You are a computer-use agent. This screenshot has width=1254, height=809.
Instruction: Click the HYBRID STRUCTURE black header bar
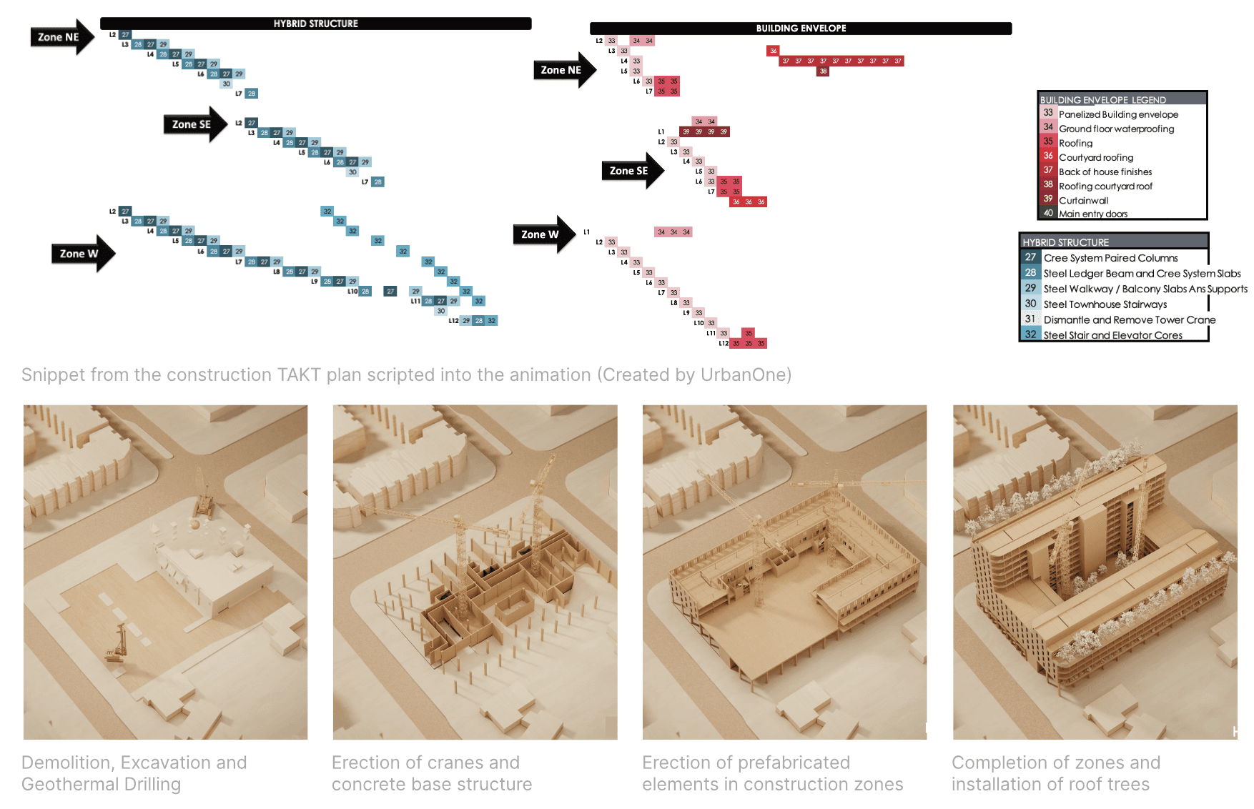pos(315,24)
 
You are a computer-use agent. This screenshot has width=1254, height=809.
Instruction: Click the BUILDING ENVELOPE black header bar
pos(801,29)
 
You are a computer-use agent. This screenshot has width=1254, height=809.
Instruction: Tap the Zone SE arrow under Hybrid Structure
pos(194,124)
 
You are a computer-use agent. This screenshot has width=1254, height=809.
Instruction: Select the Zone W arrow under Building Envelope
pos(543,234)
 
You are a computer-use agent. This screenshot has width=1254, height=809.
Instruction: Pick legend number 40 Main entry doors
pos(1048,213)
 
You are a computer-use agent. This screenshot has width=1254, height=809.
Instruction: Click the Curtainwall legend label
pos(1083,200)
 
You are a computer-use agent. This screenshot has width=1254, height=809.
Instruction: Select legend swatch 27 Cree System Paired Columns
pos(1030,257)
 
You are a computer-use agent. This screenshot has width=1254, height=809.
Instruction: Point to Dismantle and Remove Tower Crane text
pos(1129,319)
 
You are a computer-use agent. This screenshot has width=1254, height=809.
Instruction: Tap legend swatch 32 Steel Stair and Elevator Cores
pos(1030,334)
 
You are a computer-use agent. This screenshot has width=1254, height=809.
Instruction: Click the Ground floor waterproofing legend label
pos(1116,129)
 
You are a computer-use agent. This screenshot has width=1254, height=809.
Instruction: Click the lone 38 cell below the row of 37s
pos(823,71)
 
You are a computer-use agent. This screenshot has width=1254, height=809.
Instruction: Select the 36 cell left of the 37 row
pos(773,51)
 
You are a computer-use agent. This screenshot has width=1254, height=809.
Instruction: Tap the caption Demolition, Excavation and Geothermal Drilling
pos(134,773)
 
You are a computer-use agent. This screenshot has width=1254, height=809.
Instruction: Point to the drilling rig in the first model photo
pos(116,643)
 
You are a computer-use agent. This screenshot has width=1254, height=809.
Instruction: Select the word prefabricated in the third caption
pos(794,763)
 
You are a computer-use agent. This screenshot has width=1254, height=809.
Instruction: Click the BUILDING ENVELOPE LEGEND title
pos(1102,100)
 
